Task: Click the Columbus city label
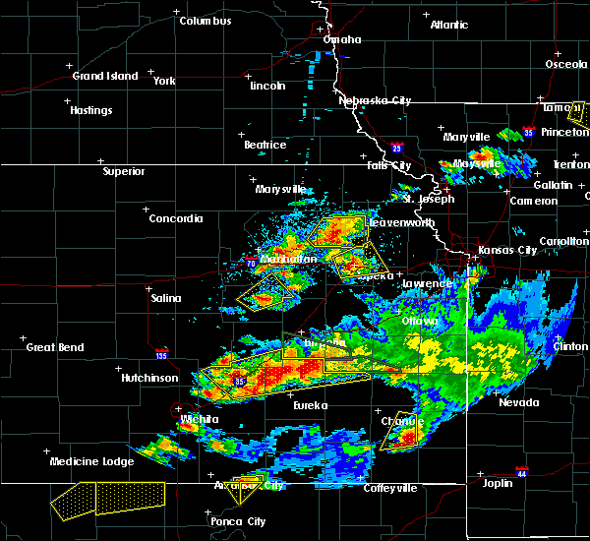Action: tap(205, 21)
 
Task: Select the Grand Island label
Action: tap(101, 76)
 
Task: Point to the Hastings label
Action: tap(90, 110)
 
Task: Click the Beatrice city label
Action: tap(265, 145)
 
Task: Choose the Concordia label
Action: tap(176, 218)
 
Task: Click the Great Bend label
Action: tap(54, 347)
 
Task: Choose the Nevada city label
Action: tap(518, 402)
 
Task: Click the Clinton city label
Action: tap(570, 347)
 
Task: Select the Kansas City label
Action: tap(507, 250)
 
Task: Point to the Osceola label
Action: tap(566, 65)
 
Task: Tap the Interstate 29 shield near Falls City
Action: tap(396, 147)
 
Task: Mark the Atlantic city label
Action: tap(449, 25)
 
